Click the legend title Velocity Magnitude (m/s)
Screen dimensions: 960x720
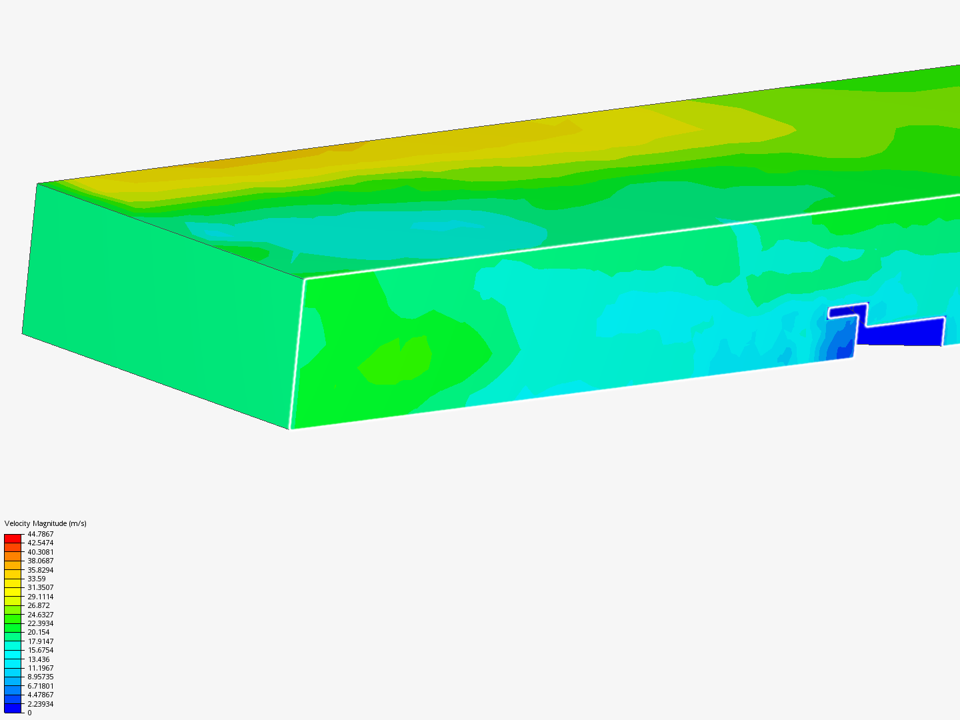(x=45, y=523)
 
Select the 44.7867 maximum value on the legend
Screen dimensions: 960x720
(x=40, y=534)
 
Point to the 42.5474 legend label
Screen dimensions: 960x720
(x=40, y=543)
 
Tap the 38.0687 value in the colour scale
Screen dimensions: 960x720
(x=40, y=561)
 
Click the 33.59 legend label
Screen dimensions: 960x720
(x=36, y=579)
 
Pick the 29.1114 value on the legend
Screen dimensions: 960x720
(x=40, y=597)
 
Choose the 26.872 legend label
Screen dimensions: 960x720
(x=39, y=605)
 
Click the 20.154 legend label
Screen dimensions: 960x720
(x=39, y=632)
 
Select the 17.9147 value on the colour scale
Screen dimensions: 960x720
(x=40, y=641)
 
